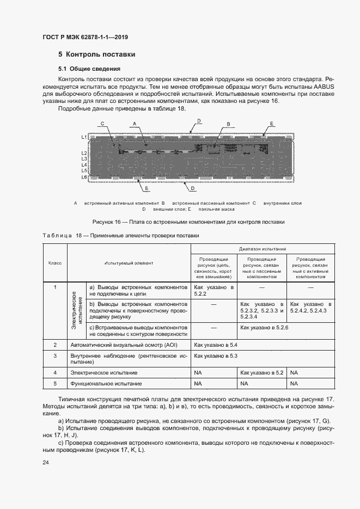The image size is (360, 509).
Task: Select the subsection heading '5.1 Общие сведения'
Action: (x=89, y=69)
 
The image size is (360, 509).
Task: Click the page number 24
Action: (x=46, y=462)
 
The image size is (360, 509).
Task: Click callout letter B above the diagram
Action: (x=228, y=124)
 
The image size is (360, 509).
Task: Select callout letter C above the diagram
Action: (x=102, y=124)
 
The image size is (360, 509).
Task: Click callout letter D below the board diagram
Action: (x=193, y=188)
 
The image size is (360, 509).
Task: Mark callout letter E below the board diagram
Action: (x=147, y=188)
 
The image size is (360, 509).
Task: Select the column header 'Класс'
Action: (x=55, y=263)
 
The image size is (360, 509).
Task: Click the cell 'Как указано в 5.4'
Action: (x=216, y=345)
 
